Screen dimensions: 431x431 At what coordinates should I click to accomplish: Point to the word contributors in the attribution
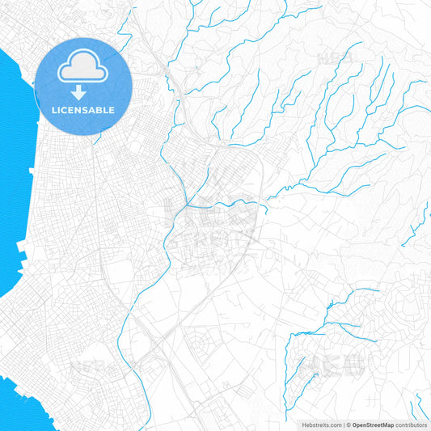[412, 425]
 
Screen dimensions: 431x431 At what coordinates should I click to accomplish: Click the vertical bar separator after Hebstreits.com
[343, 425]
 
